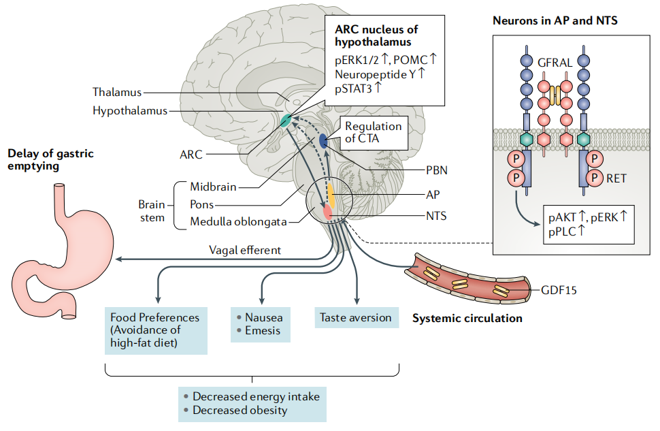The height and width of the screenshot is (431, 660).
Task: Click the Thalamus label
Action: tap(118, 91)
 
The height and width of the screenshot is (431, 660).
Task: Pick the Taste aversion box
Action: tap(355, 317)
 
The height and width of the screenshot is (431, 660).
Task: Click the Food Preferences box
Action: tap(156, 330)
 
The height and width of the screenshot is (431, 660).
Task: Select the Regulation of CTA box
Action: tap(373, 133)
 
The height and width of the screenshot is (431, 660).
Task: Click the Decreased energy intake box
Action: tap(250, 403)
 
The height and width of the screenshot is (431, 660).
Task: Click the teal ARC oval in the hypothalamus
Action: tap(285, 121)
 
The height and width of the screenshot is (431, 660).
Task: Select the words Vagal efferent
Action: tap(244, 250)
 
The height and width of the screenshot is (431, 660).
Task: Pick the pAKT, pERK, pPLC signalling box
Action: tap(589, 223)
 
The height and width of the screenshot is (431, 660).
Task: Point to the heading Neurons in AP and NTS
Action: tap(555, 21)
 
